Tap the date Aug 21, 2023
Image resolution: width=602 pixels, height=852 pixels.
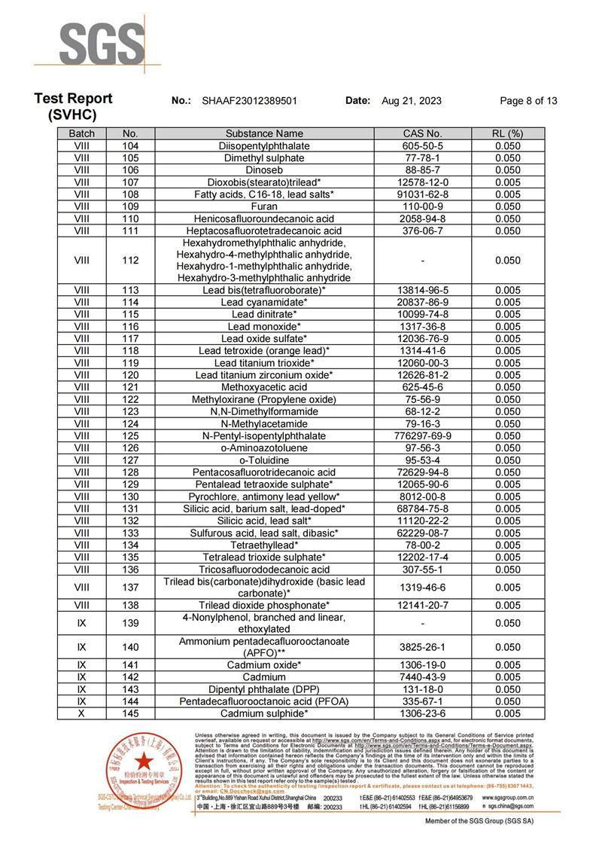click(412, 101)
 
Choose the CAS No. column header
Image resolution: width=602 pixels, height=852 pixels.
click(427, 133)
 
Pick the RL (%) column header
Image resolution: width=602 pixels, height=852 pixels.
click(508, 133)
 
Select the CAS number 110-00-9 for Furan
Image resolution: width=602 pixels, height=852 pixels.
click(426, 206)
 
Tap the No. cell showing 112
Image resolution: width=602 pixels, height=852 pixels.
click(130, 261)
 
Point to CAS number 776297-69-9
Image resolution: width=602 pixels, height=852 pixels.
click(426, 436)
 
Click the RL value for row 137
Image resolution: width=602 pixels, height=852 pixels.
click(508, 588)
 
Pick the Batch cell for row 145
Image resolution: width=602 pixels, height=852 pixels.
click(81, 713)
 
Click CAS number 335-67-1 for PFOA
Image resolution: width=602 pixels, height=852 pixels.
click(426, 701)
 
